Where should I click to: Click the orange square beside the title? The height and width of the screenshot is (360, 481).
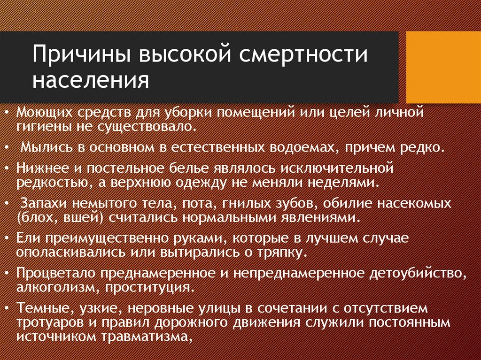[443, 67]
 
